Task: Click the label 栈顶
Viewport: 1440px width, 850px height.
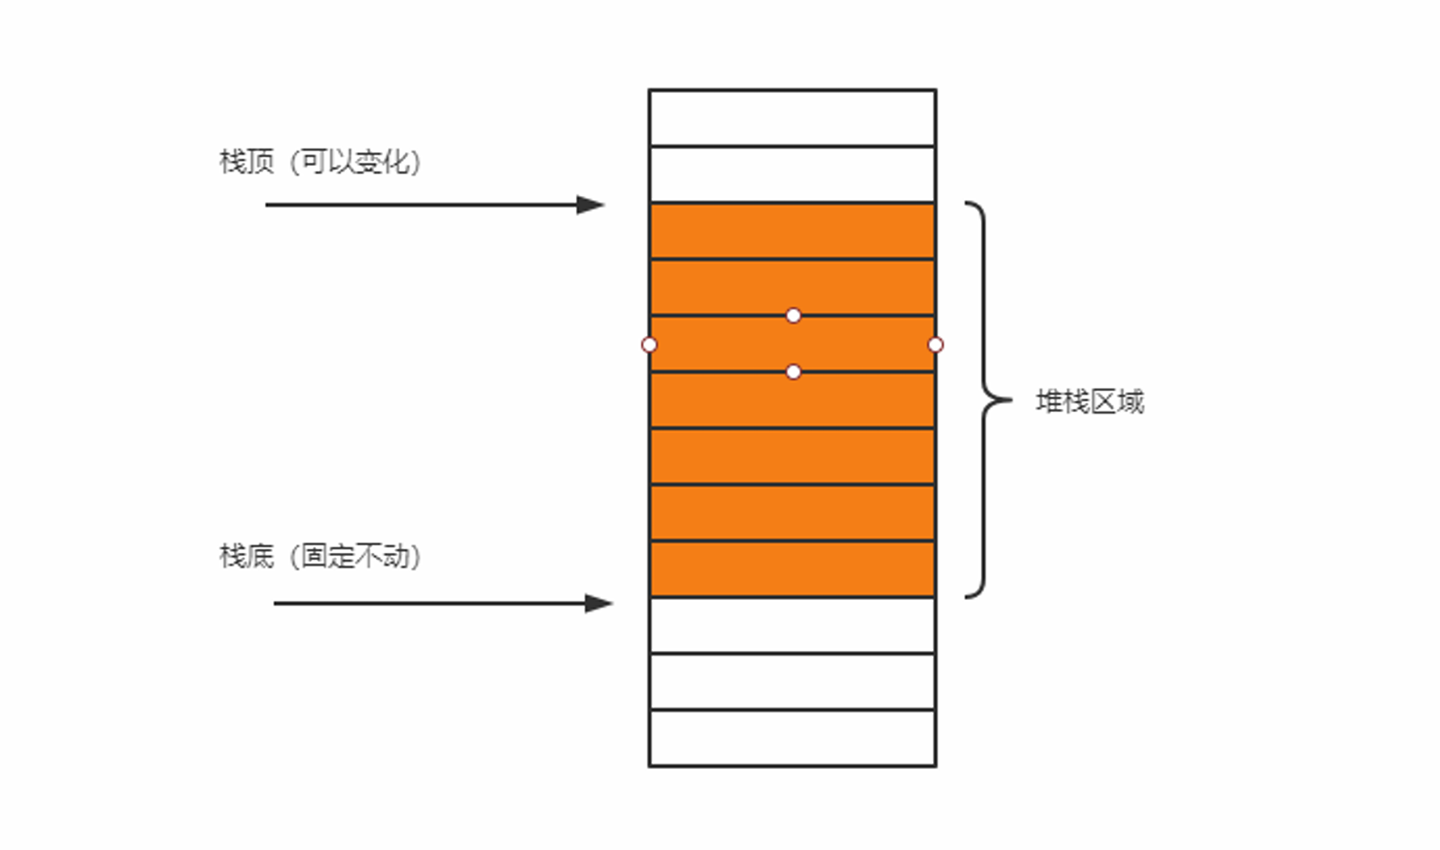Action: pyautogui.click(x=246, y=162)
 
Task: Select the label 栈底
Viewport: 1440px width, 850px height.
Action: pyautogui.click(x=246, y=556)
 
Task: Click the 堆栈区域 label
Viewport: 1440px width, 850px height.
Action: pyautogui.click(x=1089, y=402)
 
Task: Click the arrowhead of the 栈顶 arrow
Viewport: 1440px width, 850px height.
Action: pyautogui.click(x=591, y=205)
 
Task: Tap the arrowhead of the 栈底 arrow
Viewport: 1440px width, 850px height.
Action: pyautogui.click(x=599, y=603)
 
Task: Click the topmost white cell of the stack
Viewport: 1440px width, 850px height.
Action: pyautogui.click(x=792, y=118)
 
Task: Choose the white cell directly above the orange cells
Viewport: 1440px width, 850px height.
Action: pyautogui.click(x=792, y=174)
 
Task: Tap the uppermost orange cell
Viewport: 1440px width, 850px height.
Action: pyautogui.click(x=792, y=231)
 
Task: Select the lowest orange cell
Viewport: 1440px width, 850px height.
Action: pyautogui.click(x=792, y=569)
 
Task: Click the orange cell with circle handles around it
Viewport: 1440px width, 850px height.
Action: pyautogui.click(x=792, y=344)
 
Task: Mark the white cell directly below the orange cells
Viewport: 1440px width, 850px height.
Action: pyautogui.click(x=792, y=625)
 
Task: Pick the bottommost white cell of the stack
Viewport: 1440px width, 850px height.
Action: pyautogui.click(x=792, y=737)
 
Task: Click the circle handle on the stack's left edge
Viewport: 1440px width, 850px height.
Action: pyautogui.click(x=650, y=345)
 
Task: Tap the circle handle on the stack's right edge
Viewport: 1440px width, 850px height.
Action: pyautogui.click(x=935, y=345)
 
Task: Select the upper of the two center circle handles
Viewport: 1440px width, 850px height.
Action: pyautogui.click(x=794, y=315)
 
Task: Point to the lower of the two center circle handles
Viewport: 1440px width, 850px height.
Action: pyautogui.click(x=794, y=372)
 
